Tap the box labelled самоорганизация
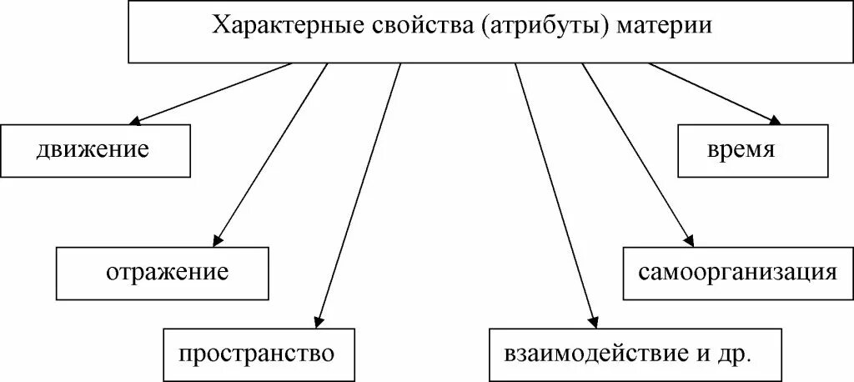point(737,273)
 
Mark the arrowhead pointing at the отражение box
point(218,240)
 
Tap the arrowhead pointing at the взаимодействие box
point(593,321)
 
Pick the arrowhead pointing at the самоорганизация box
point(688,240)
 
